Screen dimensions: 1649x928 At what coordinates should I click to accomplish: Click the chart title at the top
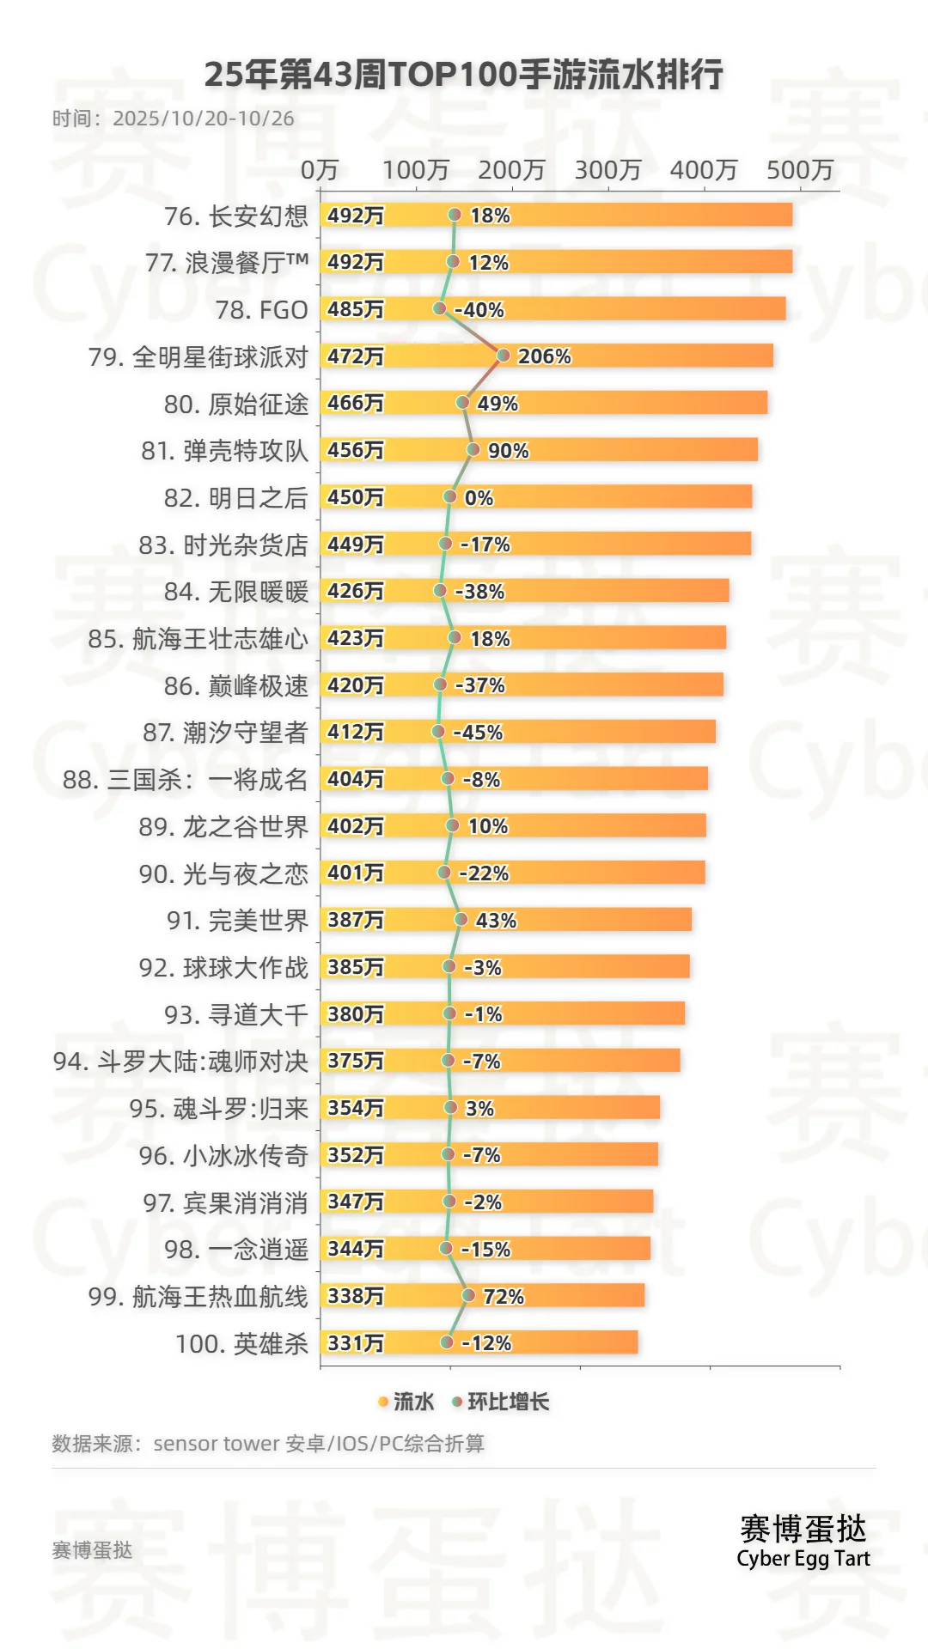click(x=464, y=76)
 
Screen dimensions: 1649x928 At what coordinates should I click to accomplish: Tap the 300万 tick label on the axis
click(x=607, y=170)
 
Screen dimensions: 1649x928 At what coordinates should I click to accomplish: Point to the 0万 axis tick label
click(x=319, y=170)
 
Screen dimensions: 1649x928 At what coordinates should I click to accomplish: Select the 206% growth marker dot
click(x=504, y=356)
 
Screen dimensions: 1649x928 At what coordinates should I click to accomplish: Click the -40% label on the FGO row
click(x=479, y=310)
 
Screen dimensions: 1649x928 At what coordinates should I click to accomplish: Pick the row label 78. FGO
click(x=261, y=310)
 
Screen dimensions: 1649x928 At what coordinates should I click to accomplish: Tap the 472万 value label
click(x=356, y=356)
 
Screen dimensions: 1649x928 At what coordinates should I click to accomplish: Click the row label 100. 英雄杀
click(x=241, y=1343)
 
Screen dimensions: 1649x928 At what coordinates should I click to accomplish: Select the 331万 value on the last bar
click(x=356, y=1343)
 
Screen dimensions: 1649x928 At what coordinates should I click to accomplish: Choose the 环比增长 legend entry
click(x=501, y=1403)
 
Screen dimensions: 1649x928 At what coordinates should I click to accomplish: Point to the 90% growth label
click(x=509, y=451)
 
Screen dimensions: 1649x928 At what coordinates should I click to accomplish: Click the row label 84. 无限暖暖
click(x=235, y=592)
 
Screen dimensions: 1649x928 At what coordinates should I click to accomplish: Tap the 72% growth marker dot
click(x=468, y=1295)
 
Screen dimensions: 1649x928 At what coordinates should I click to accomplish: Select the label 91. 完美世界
click(x=237, y=921)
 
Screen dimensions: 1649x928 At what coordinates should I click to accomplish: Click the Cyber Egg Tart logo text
click(x=803, y=1559)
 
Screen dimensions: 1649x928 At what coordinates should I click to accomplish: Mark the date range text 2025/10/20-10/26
click(x=204, y=119)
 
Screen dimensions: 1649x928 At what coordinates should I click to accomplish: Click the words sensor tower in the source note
click(x=217, y=1444)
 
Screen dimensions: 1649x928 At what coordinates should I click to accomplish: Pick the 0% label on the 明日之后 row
click(x=479, y=498)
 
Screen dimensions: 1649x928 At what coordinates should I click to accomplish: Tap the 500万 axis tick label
click(x=800, y=170)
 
